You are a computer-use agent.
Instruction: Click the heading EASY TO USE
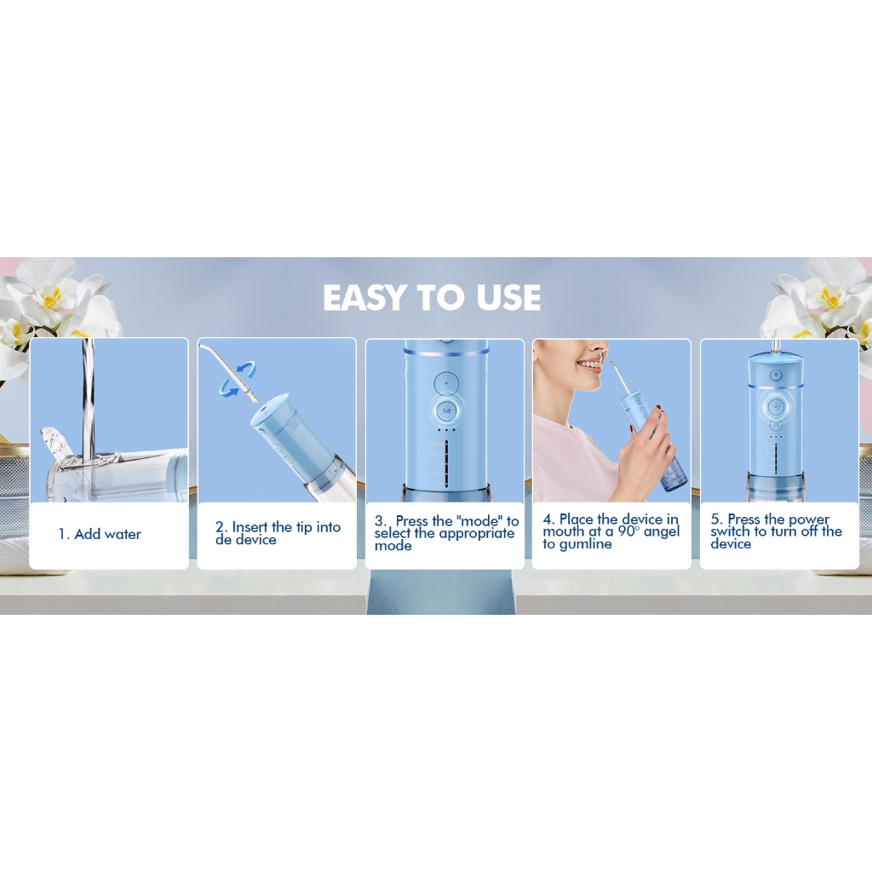[432, 297]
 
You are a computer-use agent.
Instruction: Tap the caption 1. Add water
[100, 534]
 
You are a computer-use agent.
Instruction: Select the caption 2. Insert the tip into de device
[278, 533]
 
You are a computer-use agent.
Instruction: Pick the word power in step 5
[809, 519]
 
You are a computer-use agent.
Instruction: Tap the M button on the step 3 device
[445, 411]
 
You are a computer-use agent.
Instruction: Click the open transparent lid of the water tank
[54, 445]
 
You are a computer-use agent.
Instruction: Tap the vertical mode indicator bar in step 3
[446, 463]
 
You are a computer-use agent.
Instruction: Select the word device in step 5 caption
[731, 544]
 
